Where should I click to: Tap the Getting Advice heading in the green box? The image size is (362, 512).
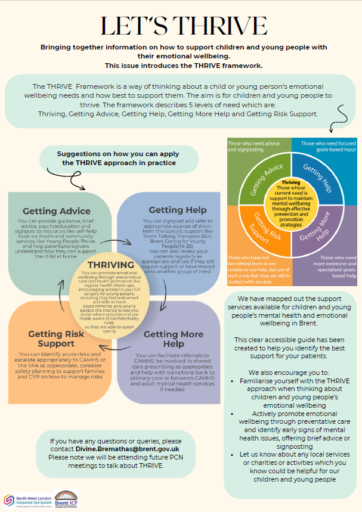pyautogui.click(x=57, y=210)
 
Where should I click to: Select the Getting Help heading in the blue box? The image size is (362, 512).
pyautogui.click(x=178, y=210)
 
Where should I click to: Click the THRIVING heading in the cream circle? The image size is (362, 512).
pyautogui.click(x=111, y=264)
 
